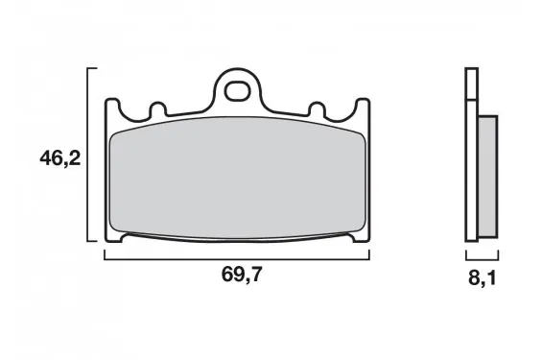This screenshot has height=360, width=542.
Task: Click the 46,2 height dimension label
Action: tap(59, 158)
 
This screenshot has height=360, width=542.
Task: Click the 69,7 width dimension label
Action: tap(242, 275)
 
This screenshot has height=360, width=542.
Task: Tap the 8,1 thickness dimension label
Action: tap(483, 277)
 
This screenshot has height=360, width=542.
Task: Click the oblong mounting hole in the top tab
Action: tap(237, 90)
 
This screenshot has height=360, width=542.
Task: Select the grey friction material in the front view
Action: tap(237, 178)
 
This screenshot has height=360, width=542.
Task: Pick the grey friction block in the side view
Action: tap(488, 177)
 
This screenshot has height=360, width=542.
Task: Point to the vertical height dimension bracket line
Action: tap(88, 155)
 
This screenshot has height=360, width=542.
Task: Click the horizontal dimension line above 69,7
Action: tap(237, 259)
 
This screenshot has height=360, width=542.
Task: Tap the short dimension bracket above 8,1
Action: tap(483, 259)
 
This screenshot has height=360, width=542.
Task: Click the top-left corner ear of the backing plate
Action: tap(112, 104)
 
